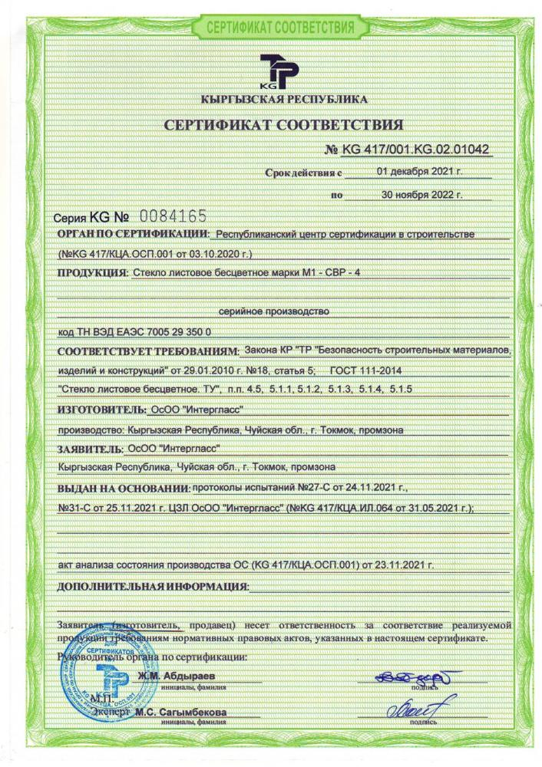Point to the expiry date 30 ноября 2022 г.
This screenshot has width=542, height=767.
tap(421, 195)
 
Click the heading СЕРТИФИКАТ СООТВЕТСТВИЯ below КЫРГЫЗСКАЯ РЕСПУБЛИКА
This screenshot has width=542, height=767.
tap(283, 125)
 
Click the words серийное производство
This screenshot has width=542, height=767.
tap(274, 311)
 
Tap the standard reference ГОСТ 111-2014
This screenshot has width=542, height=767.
tap(359, 371)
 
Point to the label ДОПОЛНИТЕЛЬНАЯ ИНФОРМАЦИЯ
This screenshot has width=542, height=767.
tap(153, 588)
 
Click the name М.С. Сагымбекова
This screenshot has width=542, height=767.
tap(180, 713)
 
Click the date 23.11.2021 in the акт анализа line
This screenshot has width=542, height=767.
tap(405, 565)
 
